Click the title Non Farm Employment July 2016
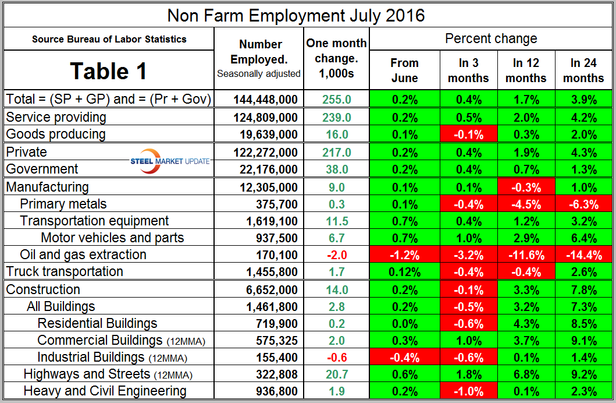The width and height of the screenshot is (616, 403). [x=296, y=15]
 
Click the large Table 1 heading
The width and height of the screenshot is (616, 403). [x=109, y=71]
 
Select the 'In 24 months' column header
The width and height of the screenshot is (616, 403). [x=583, y=70]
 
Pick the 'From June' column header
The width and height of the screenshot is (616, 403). [x=404, y=70]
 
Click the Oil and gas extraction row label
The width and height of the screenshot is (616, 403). [x=83, y=254]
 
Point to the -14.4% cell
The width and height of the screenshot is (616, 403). [x=583, y=255]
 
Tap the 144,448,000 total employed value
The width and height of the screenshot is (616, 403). [x=265, y=100]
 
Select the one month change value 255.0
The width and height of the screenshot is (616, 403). [x=337, y=100]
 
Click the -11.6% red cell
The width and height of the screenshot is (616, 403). [x=526, y=255]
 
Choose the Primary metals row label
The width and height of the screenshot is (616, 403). [x=63, y=204]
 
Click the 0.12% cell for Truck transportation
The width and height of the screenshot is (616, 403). [x=404, y=272]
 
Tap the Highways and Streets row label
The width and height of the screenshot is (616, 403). [x=108, y=374]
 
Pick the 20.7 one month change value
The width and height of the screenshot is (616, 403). [x=337, y=374]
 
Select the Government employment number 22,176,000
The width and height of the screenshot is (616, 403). [x=265, y=169]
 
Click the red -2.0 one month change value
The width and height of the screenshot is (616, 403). [x=337, y=255]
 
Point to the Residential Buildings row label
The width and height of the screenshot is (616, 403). [x=97, y=323]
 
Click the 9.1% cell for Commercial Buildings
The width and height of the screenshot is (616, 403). [x=583, y=341]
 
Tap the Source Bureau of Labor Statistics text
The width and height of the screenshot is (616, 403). [x=109, y=40]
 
